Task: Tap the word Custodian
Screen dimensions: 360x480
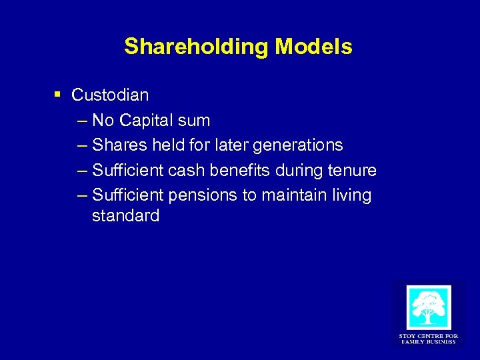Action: (x=110, y=95)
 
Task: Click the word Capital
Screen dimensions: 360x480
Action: (x=147, y=121)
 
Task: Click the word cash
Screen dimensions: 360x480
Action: (x=187, y=171)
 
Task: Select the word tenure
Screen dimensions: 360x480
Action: (x=351, y=171)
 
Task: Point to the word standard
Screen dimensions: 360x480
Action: (x=126, y=216)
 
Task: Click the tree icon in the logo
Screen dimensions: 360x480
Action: (x=428, y=307)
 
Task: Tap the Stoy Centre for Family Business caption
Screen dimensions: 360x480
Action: (x=428, y=339)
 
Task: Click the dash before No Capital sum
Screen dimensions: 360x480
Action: (x=81, y=121)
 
